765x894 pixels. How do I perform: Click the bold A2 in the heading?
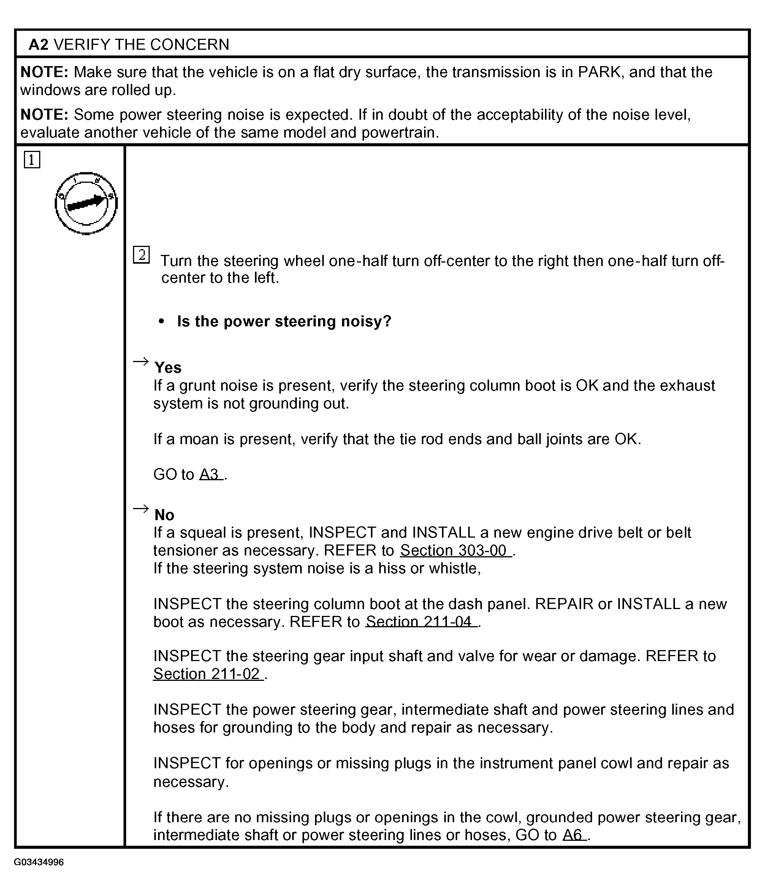click(38, 44)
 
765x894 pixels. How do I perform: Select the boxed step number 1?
click(32, 160)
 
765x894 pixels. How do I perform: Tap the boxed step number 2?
click(141, 255)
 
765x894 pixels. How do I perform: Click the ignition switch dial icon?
click(86, 203)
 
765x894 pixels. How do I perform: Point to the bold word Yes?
click(168, 368)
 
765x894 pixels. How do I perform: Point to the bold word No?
click(165, 515)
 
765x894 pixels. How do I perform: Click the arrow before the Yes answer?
click(141, 361)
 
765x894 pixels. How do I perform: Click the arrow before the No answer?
click(141, 509)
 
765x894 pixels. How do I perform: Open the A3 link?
click(211, 475)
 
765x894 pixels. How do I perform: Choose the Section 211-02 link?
click(208, 674)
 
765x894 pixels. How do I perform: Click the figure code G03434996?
click(39, 862)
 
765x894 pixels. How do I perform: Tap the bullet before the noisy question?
click(162, 321)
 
